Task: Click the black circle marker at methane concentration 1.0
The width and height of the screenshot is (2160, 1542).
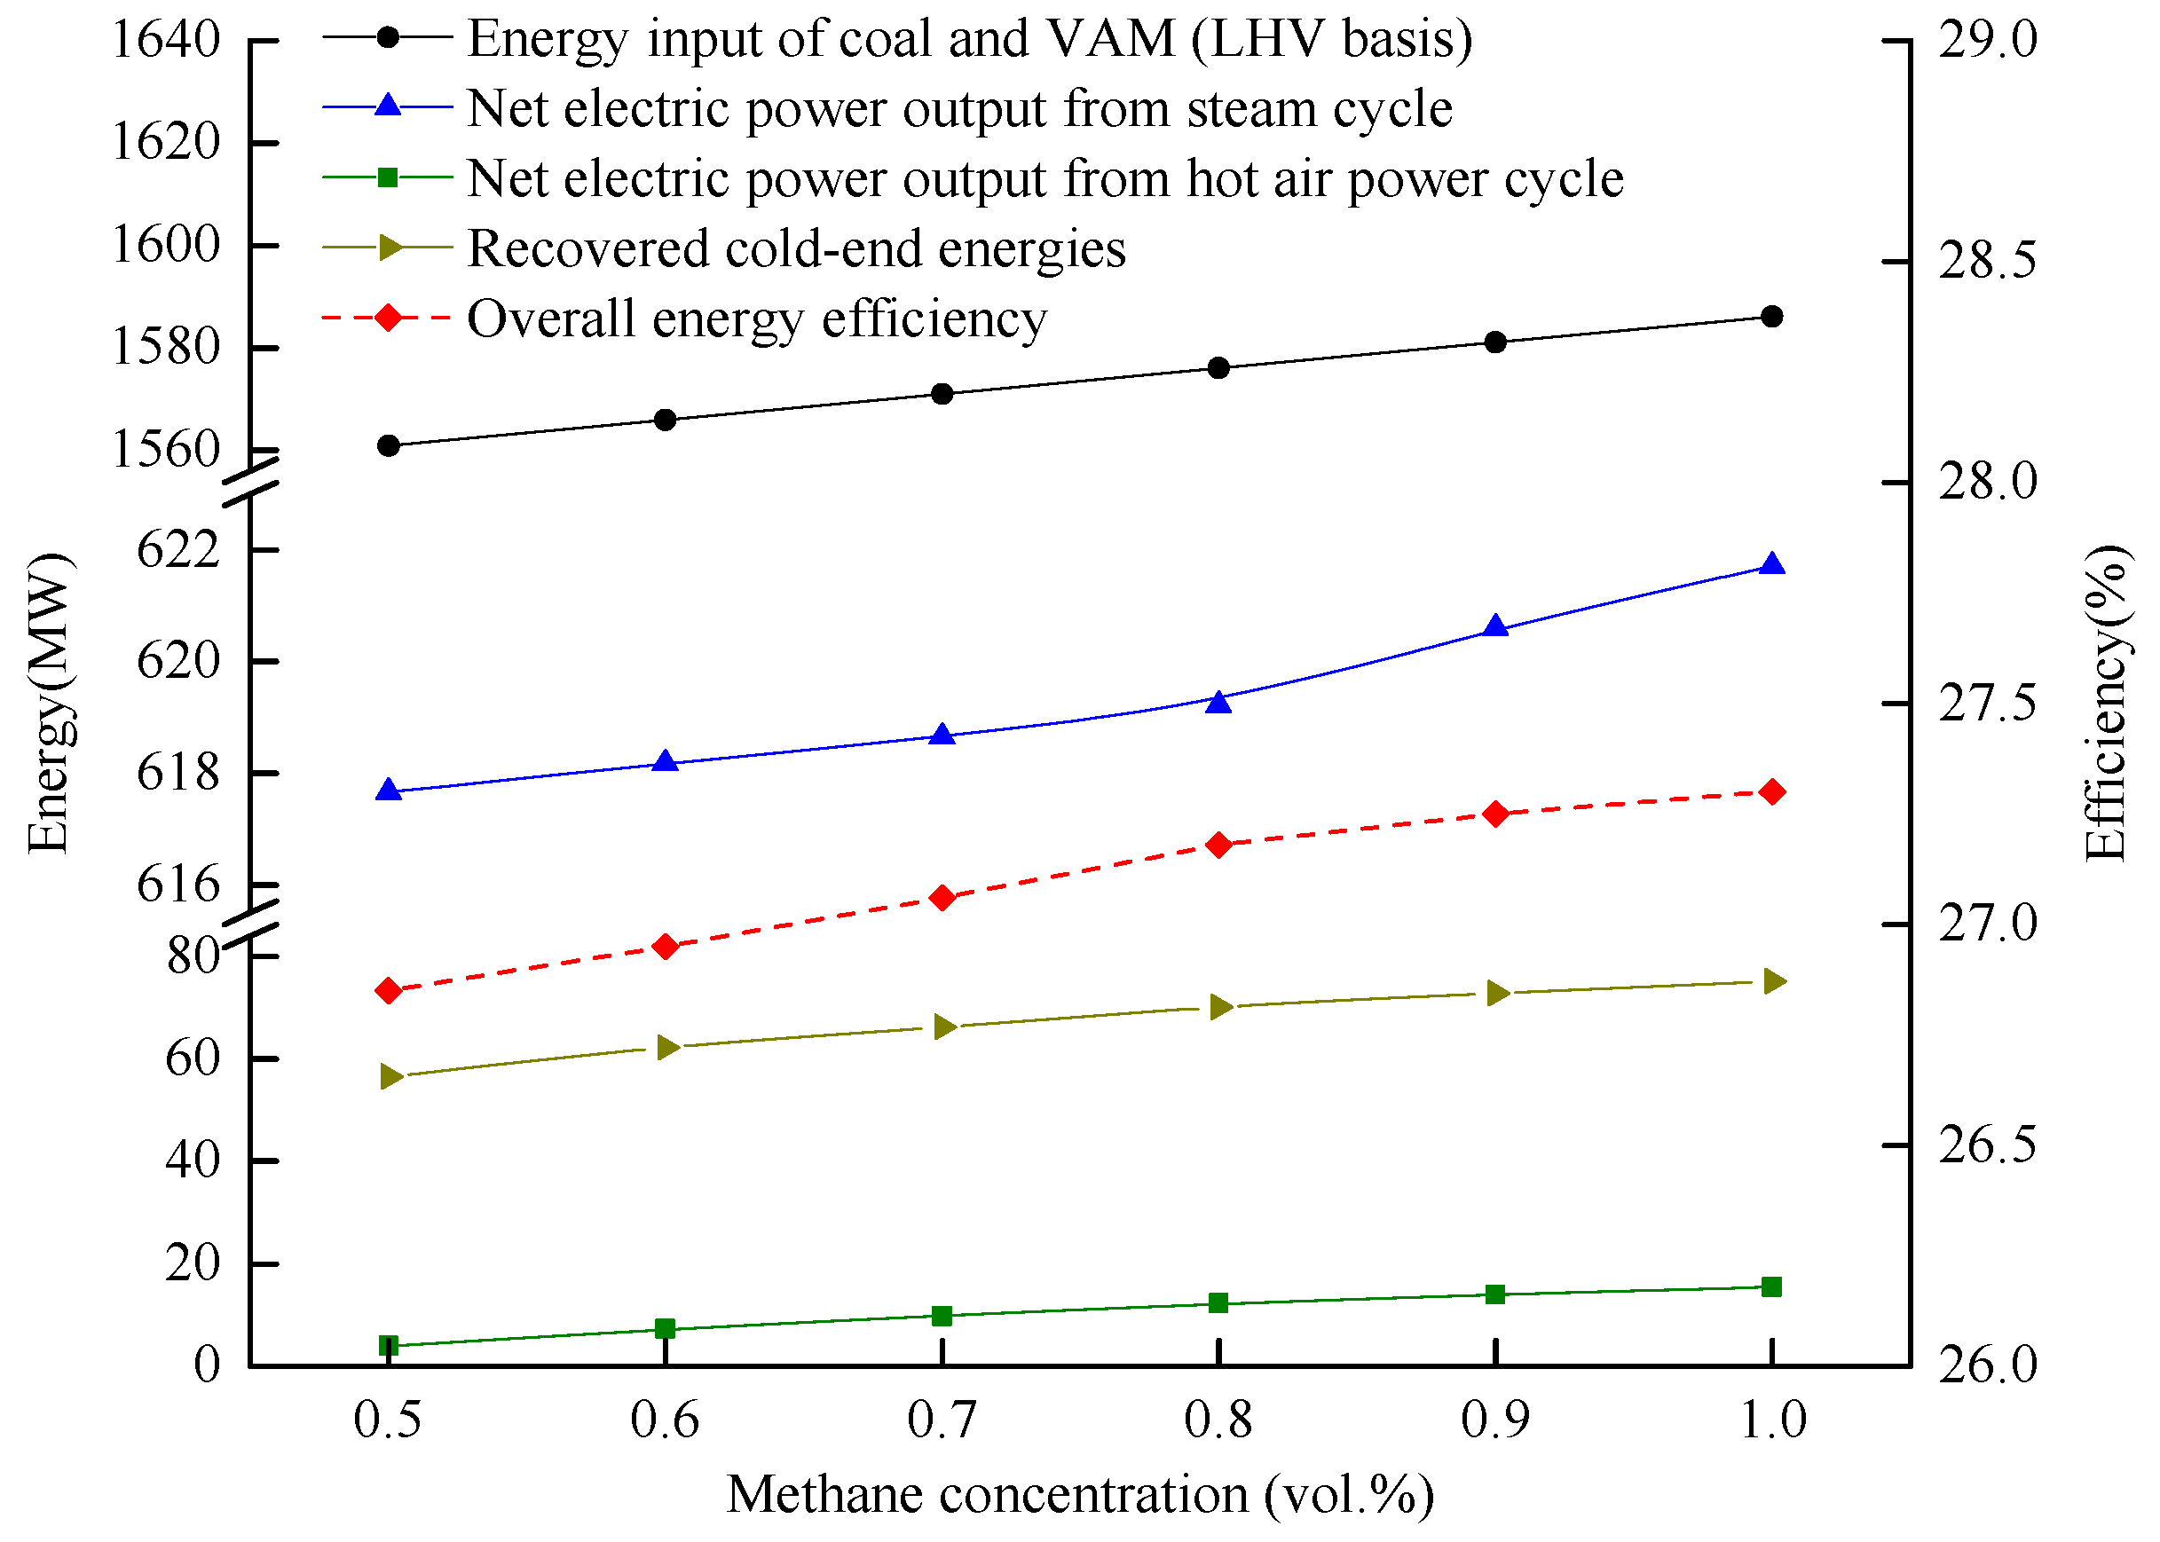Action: (1770, 316)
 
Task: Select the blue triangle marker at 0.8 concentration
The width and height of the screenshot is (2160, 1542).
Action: (1218, 702)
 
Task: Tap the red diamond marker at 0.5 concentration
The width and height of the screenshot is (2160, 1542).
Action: (389, 990)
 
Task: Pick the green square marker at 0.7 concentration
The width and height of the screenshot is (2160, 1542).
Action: (942, 1316)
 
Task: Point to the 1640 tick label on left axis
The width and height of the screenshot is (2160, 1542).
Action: (166, 40)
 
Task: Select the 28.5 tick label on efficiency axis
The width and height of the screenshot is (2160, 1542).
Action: (1987, 261)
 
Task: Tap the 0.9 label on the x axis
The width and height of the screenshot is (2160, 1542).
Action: (1494, 1420)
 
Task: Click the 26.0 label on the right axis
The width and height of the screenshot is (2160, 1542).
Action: (1987, 1365)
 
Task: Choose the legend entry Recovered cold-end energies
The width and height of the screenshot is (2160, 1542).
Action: (796, 248)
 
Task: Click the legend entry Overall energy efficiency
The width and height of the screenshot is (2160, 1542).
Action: (757, 319)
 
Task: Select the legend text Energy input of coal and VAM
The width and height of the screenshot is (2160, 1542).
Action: (968, 39)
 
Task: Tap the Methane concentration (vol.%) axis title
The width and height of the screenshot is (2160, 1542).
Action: (1079, 1494)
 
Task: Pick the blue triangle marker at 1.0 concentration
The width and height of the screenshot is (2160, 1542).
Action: (1770, 565)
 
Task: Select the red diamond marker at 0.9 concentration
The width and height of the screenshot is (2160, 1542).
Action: (1495, 814)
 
